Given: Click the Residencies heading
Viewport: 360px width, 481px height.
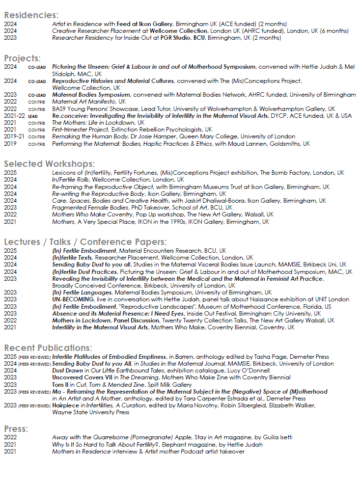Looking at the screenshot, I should click(x=31, y=15).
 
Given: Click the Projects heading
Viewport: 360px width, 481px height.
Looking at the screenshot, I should click(x=23, y=58).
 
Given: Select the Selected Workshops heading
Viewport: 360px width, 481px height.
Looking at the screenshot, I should click(x=49, y=164).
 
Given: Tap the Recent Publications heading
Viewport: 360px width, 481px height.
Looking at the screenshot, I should click(x=48, y=347).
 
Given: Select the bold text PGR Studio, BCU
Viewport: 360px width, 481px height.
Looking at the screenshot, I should click(x=181, y=38).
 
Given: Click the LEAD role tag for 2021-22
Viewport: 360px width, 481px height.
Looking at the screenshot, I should click(x=33, y=116).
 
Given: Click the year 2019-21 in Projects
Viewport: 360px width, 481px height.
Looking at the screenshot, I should click(x=13, y=137).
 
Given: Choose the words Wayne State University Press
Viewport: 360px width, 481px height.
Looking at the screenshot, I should click(x=91, y=413).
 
